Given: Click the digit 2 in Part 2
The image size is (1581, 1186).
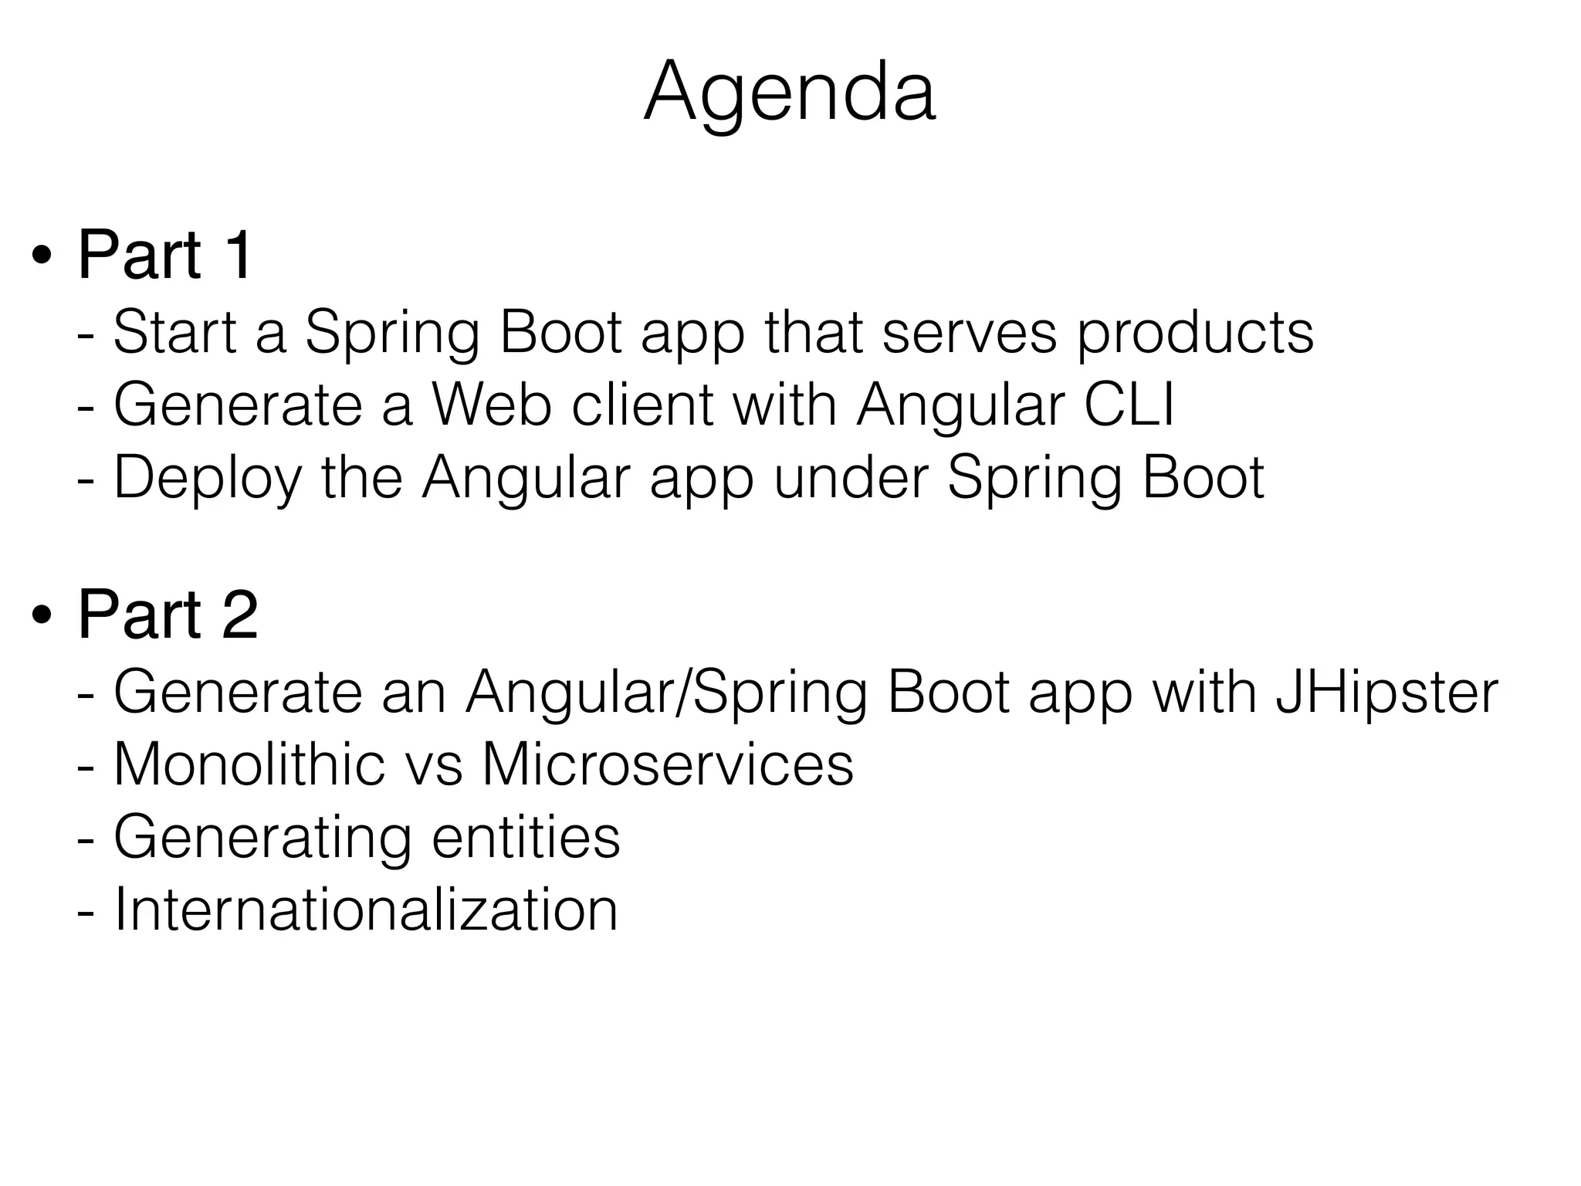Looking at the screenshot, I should click(239, 615).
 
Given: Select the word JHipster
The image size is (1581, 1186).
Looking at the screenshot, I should click(1386, 693).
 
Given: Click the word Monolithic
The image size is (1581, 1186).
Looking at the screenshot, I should click(249, 764).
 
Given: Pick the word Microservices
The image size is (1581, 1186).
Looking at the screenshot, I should click(668, 764).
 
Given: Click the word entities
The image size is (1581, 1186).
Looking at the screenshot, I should click(526, 837).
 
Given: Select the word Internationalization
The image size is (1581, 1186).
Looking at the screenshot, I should click(366, 910).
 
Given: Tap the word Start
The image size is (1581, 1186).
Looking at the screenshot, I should click(174, 333).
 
